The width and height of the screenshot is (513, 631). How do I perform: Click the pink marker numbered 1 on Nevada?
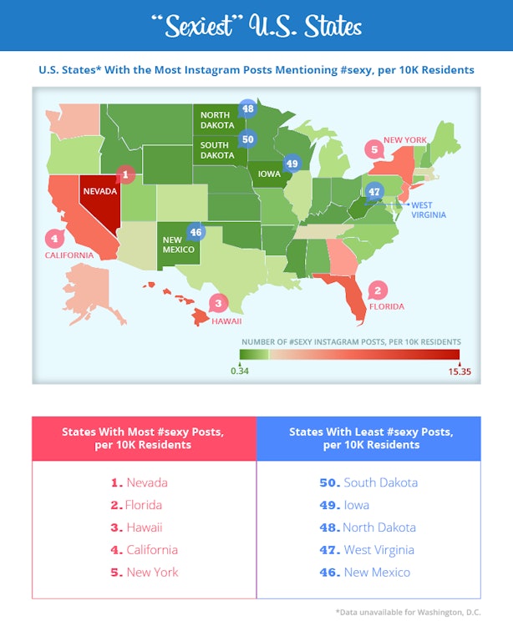tap(125, 174)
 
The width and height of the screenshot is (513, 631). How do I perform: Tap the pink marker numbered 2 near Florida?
tap(377, 290)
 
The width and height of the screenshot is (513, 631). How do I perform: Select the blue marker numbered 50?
tap(246, 139)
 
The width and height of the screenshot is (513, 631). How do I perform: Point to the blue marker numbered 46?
tap(196, 231)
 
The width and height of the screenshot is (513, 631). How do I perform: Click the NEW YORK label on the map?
tap(405, 139)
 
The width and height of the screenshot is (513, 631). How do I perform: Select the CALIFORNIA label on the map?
tap(69, 255)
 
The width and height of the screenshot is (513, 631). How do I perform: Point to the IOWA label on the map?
tap(269, 175)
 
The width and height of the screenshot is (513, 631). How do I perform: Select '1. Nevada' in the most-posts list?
tap(140, 482)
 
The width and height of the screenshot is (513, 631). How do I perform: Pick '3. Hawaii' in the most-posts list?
tap(136, 528)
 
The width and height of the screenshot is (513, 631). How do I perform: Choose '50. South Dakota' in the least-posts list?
tap(368, 482)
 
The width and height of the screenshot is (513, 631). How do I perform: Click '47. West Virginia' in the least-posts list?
tap(368, 550)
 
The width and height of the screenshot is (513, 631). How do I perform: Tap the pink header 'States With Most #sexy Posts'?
tap(144, 438)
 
